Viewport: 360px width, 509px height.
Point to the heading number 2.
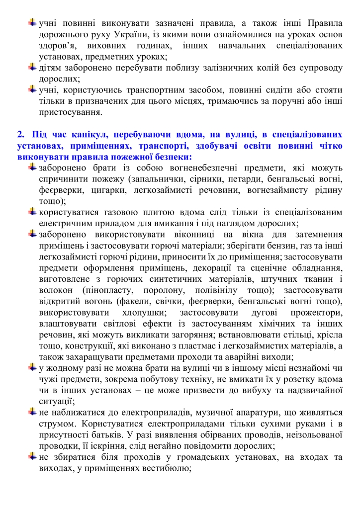tap(20, 134)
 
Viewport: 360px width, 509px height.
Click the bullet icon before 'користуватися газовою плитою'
tap(33, 212)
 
